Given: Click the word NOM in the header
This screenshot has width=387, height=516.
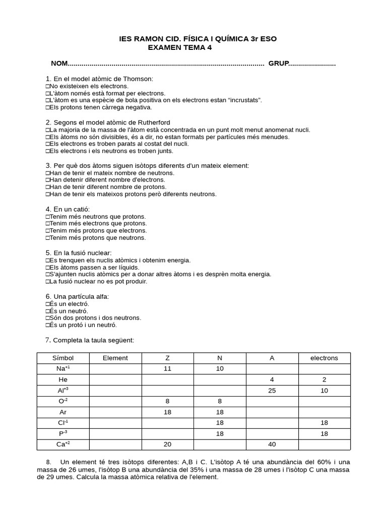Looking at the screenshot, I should point(59,63).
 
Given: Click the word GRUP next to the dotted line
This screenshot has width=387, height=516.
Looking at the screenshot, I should point(278,63).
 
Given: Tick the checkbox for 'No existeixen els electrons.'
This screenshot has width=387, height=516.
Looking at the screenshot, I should point(47,86).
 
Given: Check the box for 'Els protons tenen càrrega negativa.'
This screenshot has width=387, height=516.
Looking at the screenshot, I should point(47,107).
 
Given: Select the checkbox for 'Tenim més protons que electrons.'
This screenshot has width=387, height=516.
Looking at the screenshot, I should point(47,230).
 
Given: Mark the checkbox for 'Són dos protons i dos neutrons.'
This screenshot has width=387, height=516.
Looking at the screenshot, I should point(47,318).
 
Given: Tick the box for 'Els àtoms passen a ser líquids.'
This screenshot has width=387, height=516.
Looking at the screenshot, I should point(47,267).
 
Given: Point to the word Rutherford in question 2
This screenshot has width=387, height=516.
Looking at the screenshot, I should point(152,122).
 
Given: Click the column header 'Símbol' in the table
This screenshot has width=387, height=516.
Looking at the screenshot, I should point(63,358).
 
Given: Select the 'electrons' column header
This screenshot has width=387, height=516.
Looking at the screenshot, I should point(324,358).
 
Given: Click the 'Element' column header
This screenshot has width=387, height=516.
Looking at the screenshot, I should point(115,358).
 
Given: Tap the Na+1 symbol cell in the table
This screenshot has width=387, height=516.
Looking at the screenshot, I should point(63,368).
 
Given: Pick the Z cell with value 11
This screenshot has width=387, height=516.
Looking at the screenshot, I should point(167,368).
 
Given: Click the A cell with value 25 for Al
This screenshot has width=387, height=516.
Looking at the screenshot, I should point(272,390).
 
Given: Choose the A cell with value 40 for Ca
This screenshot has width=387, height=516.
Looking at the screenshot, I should point(272,444).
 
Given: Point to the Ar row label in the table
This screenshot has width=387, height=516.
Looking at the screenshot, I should point(63,412).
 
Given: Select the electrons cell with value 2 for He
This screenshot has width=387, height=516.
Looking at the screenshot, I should point(324,379).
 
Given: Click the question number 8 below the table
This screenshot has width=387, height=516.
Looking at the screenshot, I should point(48,462).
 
